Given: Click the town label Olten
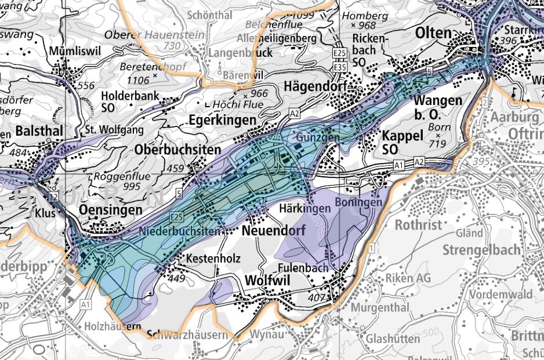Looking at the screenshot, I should point(433,33).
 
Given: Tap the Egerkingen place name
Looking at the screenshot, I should point(222,120).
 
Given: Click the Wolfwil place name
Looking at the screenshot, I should point(268,280).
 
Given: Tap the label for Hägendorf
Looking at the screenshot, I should point(315,86).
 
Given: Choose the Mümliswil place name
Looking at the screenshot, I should point(75,50).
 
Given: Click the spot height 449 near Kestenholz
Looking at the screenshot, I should point(177,278).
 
